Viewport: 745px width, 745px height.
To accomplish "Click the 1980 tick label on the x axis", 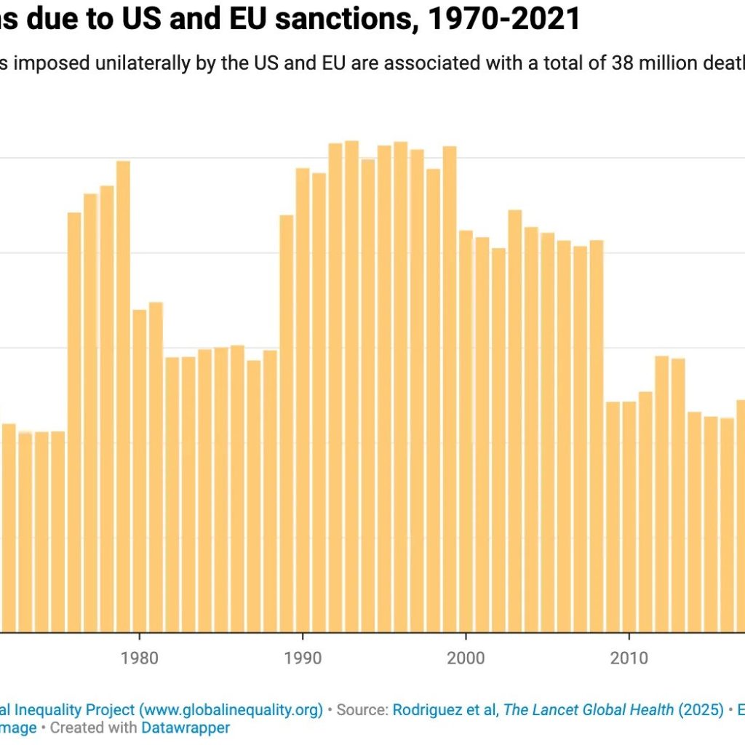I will tap(139, 658).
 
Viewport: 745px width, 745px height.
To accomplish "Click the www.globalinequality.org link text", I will tap(231, 710).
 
